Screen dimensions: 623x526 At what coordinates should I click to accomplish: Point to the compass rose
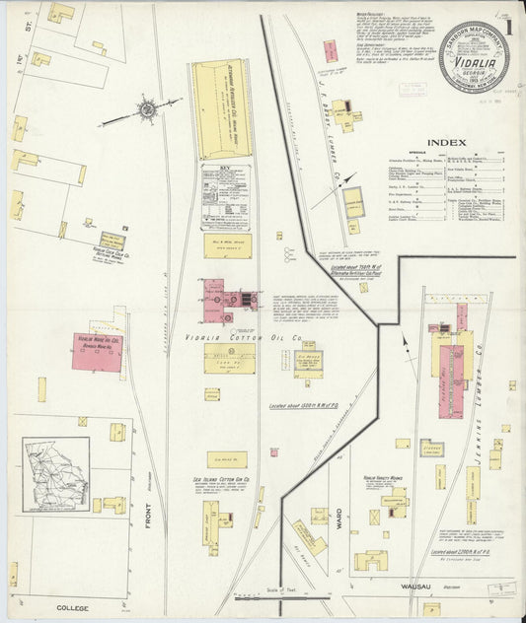(145, 110)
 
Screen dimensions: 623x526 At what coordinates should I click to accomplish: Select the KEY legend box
(225, 195)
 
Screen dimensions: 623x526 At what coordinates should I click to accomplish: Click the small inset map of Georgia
(56, 475)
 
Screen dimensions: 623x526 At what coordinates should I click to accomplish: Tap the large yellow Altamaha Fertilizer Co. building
(222, 108)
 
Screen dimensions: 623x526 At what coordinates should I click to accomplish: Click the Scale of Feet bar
(290, 593)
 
